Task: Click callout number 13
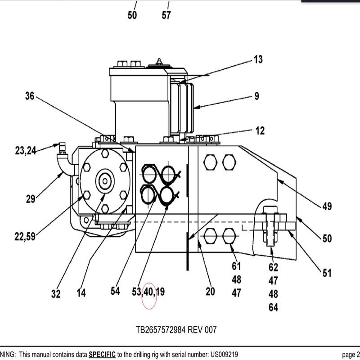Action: (x=258, y=59)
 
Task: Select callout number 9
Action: (x=256, y=96)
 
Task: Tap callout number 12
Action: (x=260, y=131)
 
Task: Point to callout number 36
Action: (x=30, y=96)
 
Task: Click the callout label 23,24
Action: (x=26, y=151)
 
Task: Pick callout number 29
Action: (x=31, y=199)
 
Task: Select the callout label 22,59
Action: (x=25, y=236)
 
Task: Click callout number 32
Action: (x=56, y=294)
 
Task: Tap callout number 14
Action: (x=81, y=293)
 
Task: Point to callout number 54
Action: (x=115, y=291)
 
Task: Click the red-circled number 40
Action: (x=149, y=292)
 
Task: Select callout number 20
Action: (x=210, y=292)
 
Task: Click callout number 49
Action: (x=327, y=207)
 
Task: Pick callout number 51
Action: (x=327, y=273)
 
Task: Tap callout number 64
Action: (x=273, y=307)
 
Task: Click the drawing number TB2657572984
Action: (x=161, y=330)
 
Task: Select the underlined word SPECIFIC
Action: (x=102, y=354)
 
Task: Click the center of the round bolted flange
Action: (x=105, y=181)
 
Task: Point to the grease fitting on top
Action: (x=159, y=62)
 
